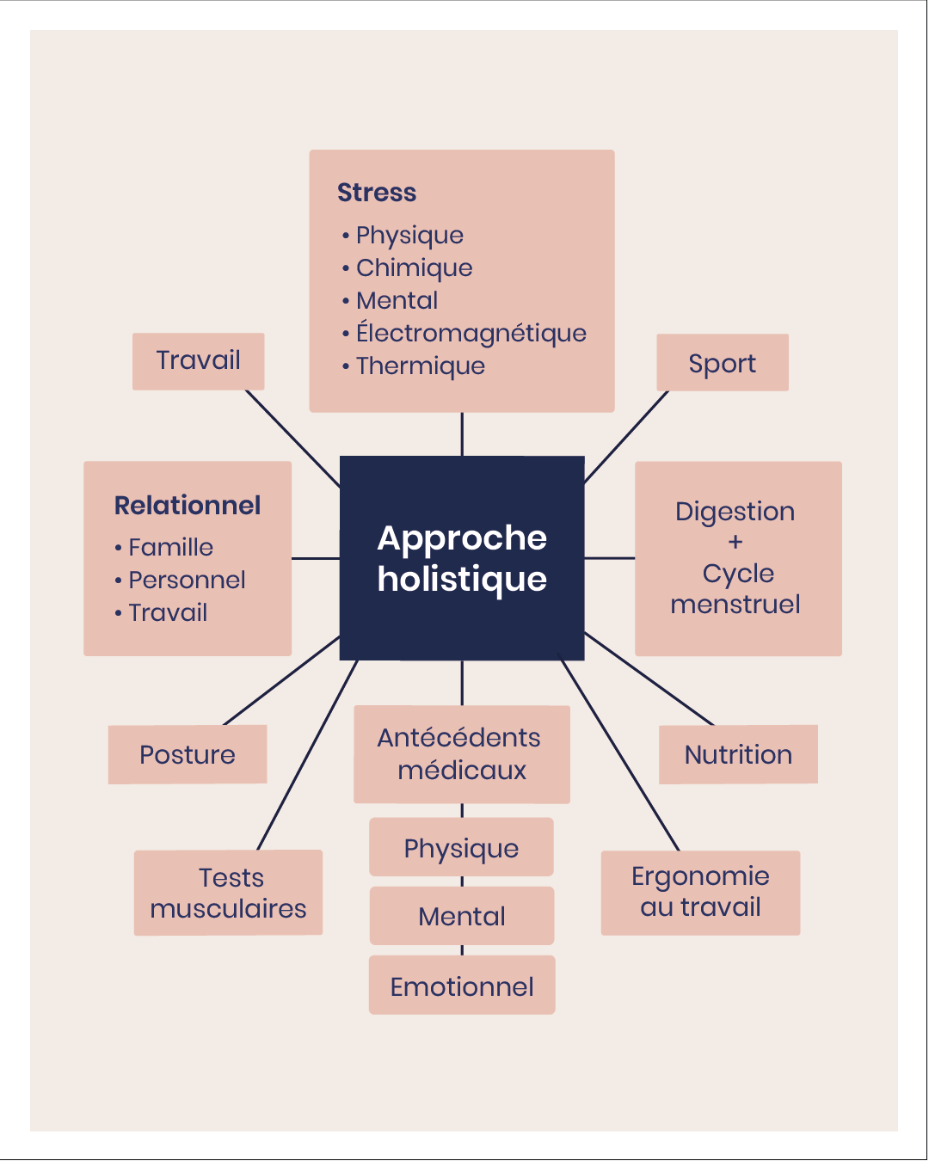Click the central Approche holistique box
pos(462,558)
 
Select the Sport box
pos(722,363)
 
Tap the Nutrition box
pos(738,754)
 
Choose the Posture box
pos(187,754)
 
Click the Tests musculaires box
pos(228,893)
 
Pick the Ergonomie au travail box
pos(700,892)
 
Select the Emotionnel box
pos(462,986)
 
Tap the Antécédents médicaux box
pos(462,754)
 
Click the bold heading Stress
pos(377,192)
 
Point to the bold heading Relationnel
pos(188,505)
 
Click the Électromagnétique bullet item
pos(471,333)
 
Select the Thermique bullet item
pos(420,365)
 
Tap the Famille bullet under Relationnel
pos(170,547)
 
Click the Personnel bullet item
pos(187,580)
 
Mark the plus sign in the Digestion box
pos(735,542)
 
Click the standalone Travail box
pos(198,360)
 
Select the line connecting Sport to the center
pos(626,437)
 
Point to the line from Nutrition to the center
pos(649,679)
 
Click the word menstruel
pos(735,604)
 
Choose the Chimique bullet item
pos(414,267)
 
